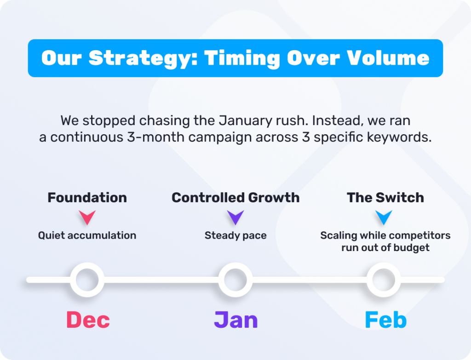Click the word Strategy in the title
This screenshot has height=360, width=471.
[x=144, y=58]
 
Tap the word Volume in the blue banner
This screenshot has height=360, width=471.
[x=388, y=57]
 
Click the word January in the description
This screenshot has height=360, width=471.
[x=241, y=121]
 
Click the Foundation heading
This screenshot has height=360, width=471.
[x=87, y=198]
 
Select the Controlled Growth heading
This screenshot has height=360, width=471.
[x=235, y=198]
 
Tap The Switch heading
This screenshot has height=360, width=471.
[x=385, y=198]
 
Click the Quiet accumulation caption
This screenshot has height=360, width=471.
[x=87, y=235]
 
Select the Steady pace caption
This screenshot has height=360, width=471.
[x=235, y=235]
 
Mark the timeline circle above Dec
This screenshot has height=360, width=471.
[x=87, y=268]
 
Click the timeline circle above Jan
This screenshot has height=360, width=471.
[x=235, y=268]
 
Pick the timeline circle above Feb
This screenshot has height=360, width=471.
[x=384, y=268]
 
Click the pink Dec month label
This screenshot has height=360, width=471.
[x=88, y=320]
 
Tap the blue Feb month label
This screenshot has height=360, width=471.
[x=386, y=320]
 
